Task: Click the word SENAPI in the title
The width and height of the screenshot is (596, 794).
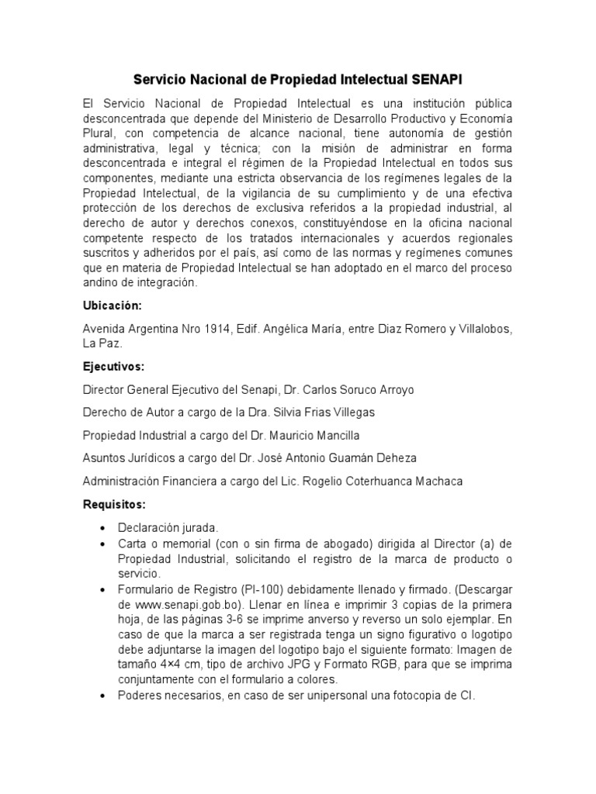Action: click(x=434, y=80)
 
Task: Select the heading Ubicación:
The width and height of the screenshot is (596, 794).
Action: click(x=112, y=306)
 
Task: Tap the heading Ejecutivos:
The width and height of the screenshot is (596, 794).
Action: click(x=113, y=365)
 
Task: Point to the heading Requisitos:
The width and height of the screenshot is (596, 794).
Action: click(x=114, y=505)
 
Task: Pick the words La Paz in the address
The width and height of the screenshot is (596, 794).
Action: click(x=101, y=343)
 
